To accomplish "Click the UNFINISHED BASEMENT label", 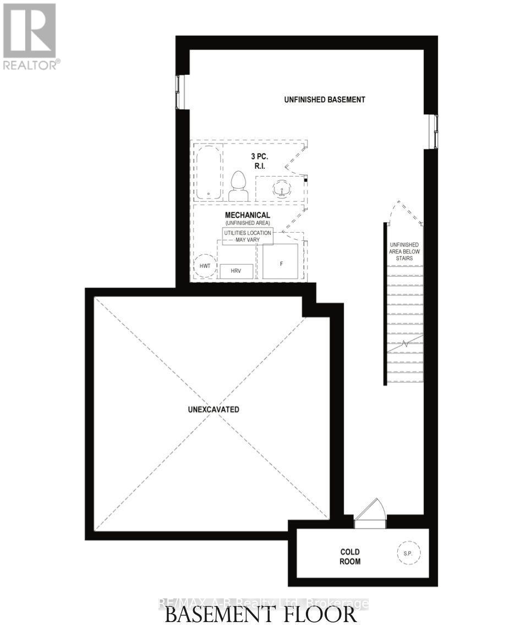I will pos(325,100).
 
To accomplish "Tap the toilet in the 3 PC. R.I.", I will pos(238,186).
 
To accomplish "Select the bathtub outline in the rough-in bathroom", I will pos(209,173).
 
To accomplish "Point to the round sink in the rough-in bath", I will pos(282,189).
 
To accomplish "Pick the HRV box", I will pos(237,271).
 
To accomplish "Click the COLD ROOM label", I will pos(350,556).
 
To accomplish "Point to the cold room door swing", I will pos(370,510).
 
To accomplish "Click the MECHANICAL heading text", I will pos(247,215).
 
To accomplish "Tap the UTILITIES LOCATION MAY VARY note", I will pos(247,237).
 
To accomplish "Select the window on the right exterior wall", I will pos(434,131).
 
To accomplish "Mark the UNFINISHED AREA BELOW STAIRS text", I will pos(404,251).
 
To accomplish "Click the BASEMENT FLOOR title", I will pos(261,614).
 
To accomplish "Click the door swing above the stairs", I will pos(405,213).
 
